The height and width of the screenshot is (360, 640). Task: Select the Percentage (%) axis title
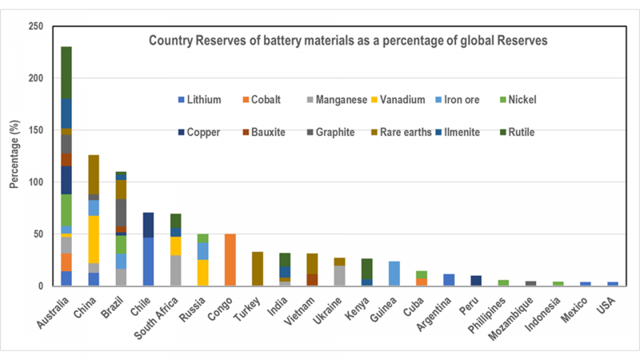14,156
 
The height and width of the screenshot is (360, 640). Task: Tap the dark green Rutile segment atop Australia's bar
66,73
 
